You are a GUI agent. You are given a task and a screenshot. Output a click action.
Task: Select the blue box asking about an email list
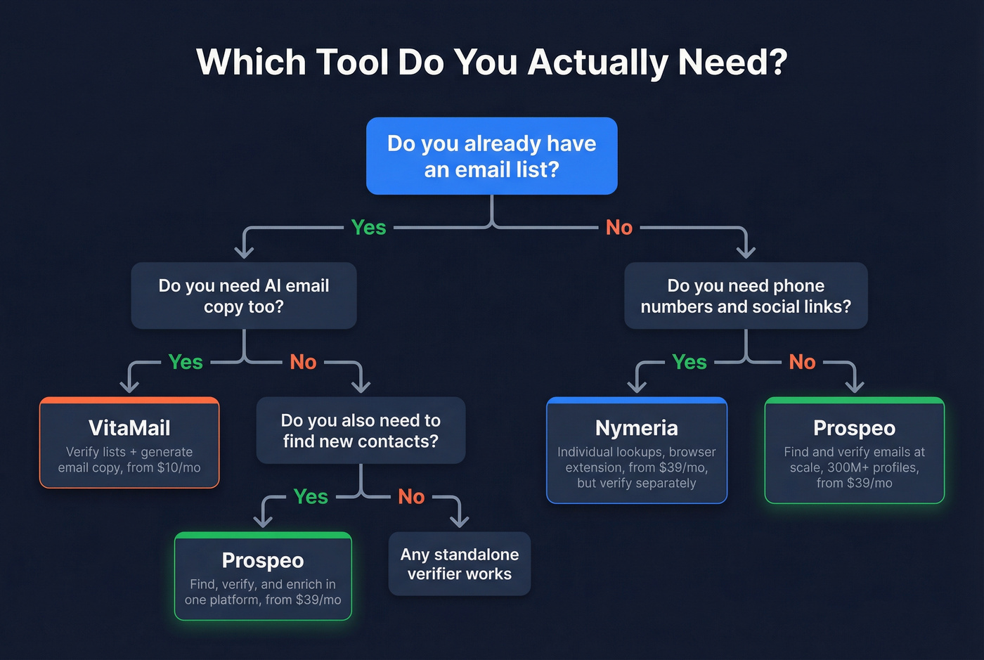491,156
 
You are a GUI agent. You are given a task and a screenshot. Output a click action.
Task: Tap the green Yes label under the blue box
368,227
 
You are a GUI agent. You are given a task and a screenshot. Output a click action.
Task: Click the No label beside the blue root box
619,227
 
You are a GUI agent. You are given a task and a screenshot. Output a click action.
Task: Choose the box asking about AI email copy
244,296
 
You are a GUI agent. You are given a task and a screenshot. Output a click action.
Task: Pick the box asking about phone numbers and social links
746,296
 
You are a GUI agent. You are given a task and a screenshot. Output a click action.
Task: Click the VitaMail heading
129,428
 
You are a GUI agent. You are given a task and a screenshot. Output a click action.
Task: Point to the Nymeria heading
636,428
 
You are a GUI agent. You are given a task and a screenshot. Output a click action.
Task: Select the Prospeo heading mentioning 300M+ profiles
854,428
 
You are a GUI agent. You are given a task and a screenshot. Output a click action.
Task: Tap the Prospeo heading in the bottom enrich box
263,560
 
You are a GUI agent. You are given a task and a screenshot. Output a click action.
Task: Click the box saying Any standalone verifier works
460,564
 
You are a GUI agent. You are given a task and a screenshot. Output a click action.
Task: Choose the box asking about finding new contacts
361,430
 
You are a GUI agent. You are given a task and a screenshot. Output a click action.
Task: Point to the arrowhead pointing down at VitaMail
129,386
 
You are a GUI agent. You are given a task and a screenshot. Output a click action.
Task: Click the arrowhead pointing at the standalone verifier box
459,521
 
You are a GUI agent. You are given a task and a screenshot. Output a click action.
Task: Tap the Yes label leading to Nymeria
689,362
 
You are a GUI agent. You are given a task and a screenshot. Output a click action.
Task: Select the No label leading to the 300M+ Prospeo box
802,362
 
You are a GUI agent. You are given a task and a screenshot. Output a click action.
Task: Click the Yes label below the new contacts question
311,496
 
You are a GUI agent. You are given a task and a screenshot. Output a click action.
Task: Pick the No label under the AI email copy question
303,362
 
